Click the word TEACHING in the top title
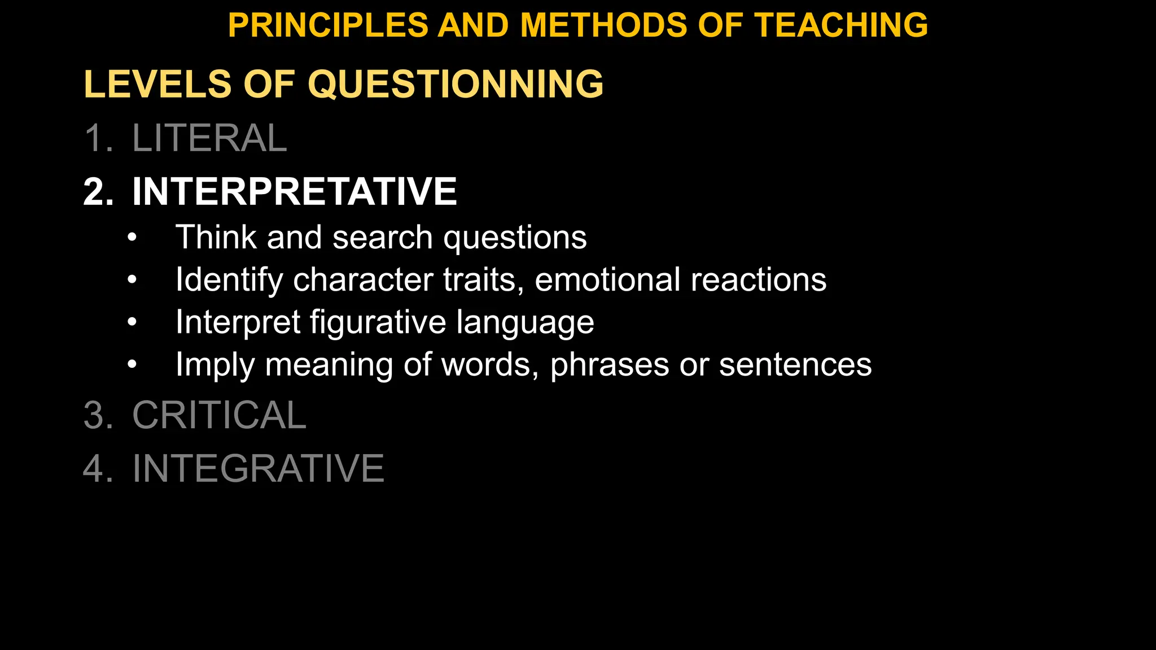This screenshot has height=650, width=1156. point(841,25)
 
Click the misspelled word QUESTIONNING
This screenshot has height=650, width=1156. point(456,84)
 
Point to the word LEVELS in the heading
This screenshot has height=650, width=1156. point(157,84)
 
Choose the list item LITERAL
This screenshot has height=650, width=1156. point(209,138)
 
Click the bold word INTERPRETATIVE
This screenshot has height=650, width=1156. point(294,192)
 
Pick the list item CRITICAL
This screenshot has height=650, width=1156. point(219,415)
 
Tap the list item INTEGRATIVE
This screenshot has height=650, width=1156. point(258,468)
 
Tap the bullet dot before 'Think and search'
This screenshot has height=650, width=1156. point(132,238)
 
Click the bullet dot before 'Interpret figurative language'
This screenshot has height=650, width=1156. point(132,323)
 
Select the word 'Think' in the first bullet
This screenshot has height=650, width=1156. point(216,237)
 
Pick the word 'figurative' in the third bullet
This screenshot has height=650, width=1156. point(378,323)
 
